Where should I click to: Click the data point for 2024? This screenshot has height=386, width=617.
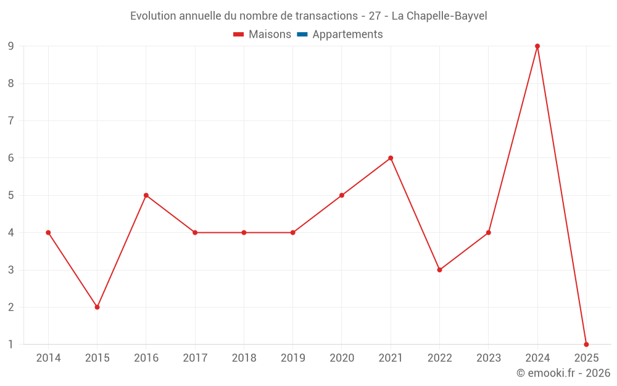click(537, 46)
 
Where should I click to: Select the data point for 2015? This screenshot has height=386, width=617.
click(97, 307)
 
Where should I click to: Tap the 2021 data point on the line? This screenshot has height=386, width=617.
click(391, 158)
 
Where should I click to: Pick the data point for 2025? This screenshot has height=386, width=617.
click(586, 345)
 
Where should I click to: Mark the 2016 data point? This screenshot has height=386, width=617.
click(146, 195)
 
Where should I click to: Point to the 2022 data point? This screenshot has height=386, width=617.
click(439, 270)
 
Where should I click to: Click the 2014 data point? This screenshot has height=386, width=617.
click(48, 233)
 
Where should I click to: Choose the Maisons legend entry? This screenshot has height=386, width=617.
click(270, 35)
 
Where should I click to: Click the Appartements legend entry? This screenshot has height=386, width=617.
click(347, 35)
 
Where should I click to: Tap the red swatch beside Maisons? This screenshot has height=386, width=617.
click(239, 35)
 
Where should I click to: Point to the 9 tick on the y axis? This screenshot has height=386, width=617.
click(11, 46)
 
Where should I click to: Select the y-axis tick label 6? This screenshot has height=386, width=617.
click(11, 158)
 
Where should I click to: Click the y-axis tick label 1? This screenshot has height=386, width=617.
click(11, 345)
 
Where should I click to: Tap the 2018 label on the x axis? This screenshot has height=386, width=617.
click(244, 358)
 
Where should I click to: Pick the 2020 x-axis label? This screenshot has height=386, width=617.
click(342, 358)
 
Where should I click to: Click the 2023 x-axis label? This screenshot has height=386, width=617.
click(489, 358)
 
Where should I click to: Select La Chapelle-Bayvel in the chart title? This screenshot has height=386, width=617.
click(439, 16)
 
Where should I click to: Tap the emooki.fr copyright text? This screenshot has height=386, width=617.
click(563, 373)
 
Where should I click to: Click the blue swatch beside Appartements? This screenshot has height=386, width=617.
click(302, 35)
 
